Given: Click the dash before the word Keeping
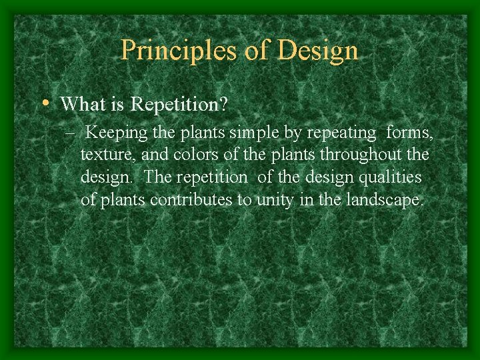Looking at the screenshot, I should click(x=71, y=133).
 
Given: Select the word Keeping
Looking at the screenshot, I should click(x=117, y=133).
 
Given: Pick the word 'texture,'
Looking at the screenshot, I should click(x=105, y=155).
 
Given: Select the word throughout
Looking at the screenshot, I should click(x=360, y=155).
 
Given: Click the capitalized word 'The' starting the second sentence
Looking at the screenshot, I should click(x=157, y=177).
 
